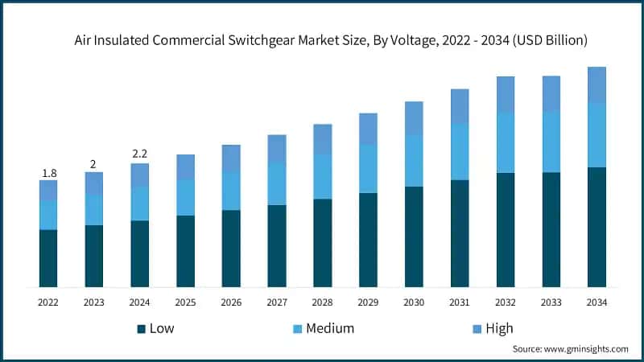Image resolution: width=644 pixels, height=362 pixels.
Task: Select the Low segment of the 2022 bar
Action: (48, 258)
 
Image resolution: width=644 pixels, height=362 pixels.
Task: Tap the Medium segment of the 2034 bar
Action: (597, 135)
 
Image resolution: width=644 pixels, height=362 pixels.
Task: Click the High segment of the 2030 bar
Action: (414, 118)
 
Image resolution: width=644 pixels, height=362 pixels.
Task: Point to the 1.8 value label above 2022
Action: (48, 173)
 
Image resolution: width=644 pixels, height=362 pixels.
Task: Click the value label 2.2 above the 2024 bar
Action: (140, 154)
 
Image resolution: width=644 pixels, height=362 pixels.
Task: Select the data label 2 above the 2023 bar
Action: (94, 164)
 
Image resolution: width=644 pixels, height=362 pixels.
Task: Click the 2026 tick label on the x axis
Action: (231, 302)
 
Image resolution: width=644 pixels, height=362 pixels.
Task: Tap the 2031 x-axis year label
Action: (460, 302)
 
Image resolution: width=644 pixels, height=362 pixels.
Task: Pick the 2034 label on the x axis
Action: (597, 302)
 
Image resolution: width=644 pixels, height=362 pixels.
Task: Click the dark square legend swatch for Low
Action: (142, 328)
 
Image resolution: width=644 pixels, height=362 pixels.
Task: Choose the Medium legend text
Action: (330, 328)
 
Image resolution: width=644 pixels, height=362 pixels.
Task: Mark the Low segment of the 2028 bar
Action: (322, 243)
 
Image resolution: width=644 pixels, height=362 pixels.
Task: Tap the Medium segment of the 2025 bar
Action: (185, 197)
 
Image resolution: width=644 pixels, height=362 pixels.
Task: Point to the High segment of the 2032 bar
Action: (506, 95)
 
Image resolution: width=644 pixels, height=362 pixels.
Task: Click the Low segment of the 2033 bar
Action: (551, 229)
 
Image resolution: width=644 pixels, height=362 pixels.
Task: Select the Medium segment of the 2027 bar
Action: (277, 183)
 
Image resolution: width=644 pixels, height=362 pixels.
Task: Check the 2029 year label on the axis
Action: (368, 302)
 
